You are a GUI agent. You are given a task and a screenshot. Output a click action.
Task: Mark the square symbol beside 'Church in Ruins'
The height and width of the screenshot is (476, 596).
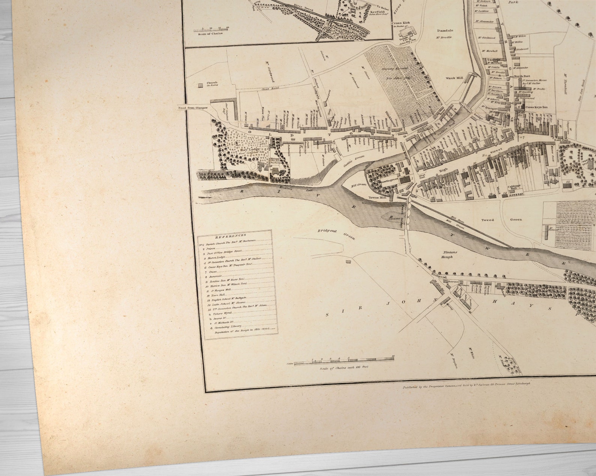click(200, 85)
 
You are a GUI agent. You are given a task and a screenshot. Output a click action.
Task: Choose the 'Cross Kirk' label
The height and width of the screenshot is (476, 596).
click(401, 23)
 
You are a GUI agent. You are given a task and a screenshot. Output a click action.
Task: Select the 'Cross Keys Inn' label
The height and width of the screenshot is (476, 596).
click(536, 107)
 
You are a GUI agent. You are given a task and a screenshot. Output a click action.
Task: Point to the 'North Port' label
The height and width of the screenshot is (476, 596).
click(522, 76)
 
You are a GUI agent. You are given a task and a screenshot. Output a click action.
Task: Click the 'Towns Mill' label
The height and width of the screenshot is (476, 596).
click(377, 197)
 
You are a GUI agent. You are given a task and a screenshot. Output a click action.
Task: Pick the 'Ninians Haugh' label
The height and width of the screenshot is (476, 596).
click(447, 254)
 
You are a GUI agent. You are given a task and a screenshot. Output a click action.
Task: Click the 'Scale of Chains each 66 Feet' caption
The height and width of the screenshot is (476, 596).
click(344, 367)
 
